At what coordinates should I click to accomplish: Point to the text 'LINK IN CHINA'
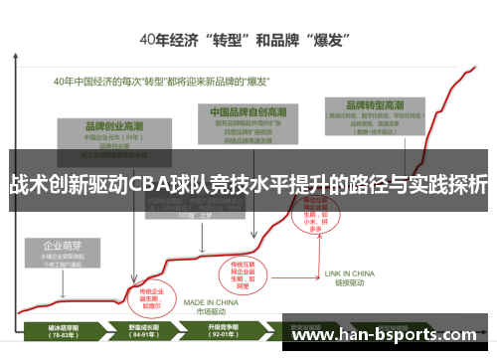pos(351,272)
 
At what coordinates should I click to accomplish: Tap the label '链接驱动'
pos(351,281)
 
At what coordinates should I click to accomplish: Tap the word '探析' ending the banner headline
pos(466,185)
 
